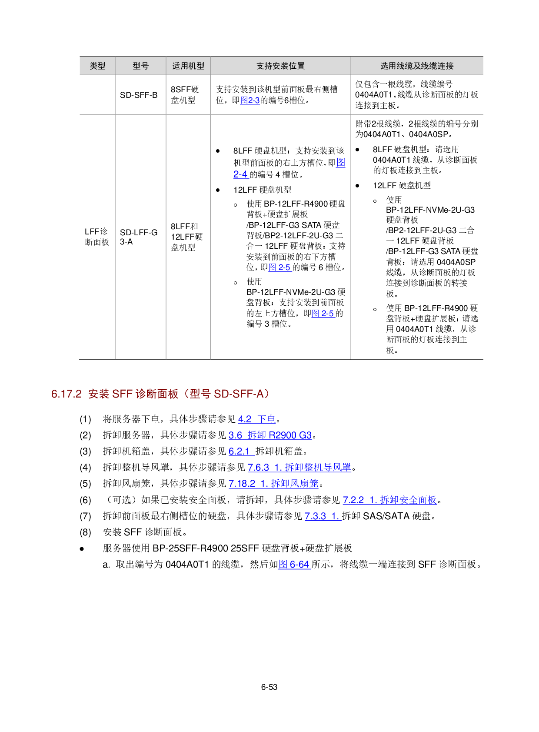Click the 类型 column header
[97, 66]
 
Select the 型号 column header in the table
[140, 66]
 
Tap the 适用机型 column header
[188, 66]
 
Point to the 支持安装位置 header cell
[280, 66]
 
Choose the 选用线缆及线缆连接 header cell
[417, 66]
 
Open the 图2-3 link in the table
[250, 100]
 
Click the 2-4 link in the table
[241, 174]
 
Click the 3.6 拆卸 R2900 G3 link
[270, 435]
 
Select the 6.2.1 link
[241, 451]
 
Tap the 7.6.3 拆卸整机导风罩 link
[299, 468]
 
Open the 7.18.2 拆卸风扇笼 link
[273, 484]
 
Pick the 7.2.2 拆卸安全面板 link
[389, 500]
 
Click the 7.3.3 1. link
[323, 516]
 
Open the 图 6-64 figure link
[294, 565]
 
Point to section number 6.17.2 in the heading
[67, 394]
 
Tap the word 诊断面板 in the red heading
[157, 394]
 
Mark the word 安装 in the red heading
[99, 394]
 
